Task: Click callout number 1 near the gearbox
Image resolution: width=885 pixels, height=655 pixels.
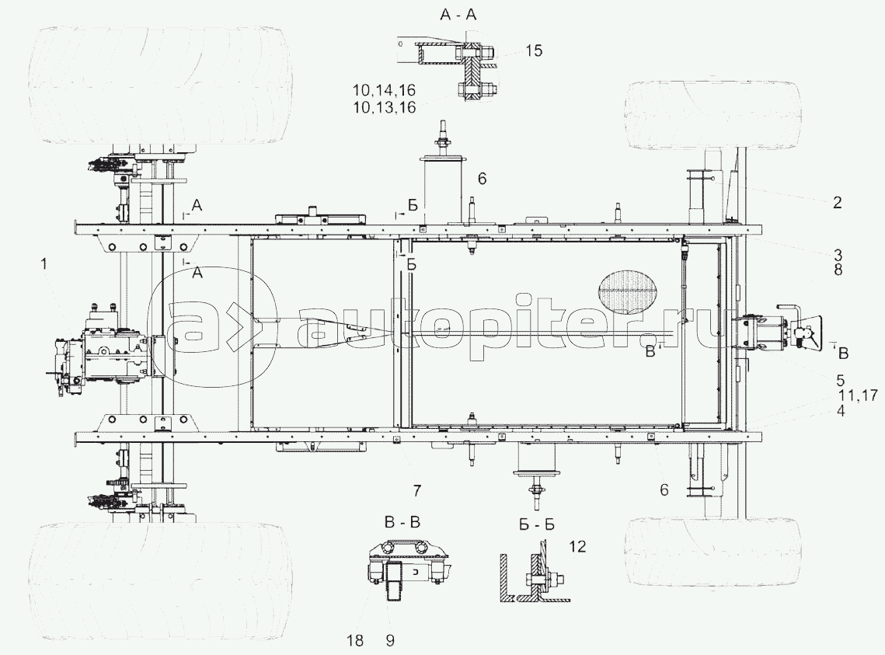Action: [x=44, y=263]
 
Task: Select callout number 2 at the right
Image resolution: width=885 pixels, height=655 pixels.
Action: [x=837, y=202]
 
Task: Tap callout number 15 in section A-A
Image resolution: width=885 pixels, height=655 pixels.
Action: [x=533, y=51]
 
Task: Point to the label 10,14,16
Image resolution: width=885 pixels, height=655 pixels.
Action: [x=384, y=90]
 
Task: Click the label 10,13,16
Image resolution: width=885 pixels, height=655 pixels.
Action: [x=384, y=107]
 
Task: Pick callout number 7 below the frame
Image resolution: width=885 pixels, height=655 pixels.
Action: [x=416, y=491]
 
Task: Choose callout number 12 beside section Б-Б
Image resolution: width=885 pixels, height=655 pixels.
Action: [x=578, y=546]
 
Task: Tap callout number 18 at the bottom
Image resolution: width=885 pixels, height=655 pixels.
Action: [x=356, y=640]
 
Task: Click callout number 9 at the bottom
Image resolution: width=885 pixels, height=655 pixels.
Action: [x=390, y=640]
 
